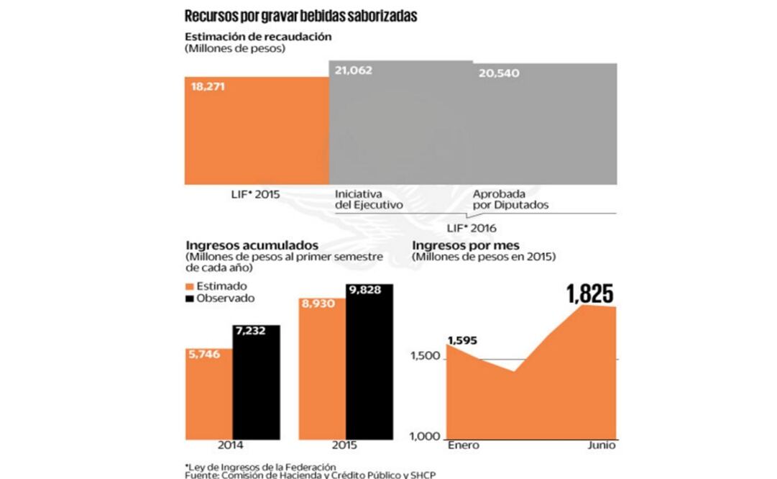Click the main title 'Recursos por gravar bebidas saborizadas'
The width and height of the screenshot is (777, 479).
(x=300, y=16)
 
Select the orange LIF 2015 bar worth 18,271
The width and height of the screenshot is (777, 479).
(x=257, y=129)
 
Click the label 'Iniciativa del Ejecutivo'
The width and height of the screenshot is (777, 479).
(x=369, y=199)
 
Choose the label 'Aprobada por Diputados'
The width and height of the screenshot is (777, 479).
(x=510, y=199)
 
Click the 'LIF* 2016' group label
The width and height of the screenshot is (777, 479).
(x=476, y=229)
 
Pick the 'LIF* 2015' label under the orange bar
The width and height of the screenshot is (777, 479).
(x=251, y=194)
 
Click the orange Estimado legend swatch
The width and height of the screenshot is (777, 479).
(x=190, y=286)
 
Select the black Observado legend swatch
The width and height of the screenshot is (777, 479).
(x=190, y=298)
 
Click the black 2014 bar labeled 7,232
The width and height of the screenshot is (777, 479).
(x=257, y=381)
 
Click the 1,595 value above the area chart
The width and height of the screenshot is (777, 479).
(x=462, y=341)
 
